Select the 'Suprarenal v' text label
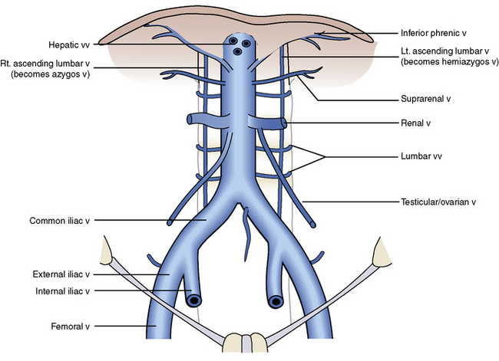pyautogui.click(x=424, y=100)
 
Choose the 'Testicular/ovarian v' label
pyautogui.click(x=438, y=202)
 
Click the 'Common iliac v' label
pyautogui.click(x=60, y=221)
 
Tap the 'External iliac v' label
pyautogui.click(x=59, y=274)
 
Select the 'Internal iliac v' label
pyautogui.click(x=59, y=291)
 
